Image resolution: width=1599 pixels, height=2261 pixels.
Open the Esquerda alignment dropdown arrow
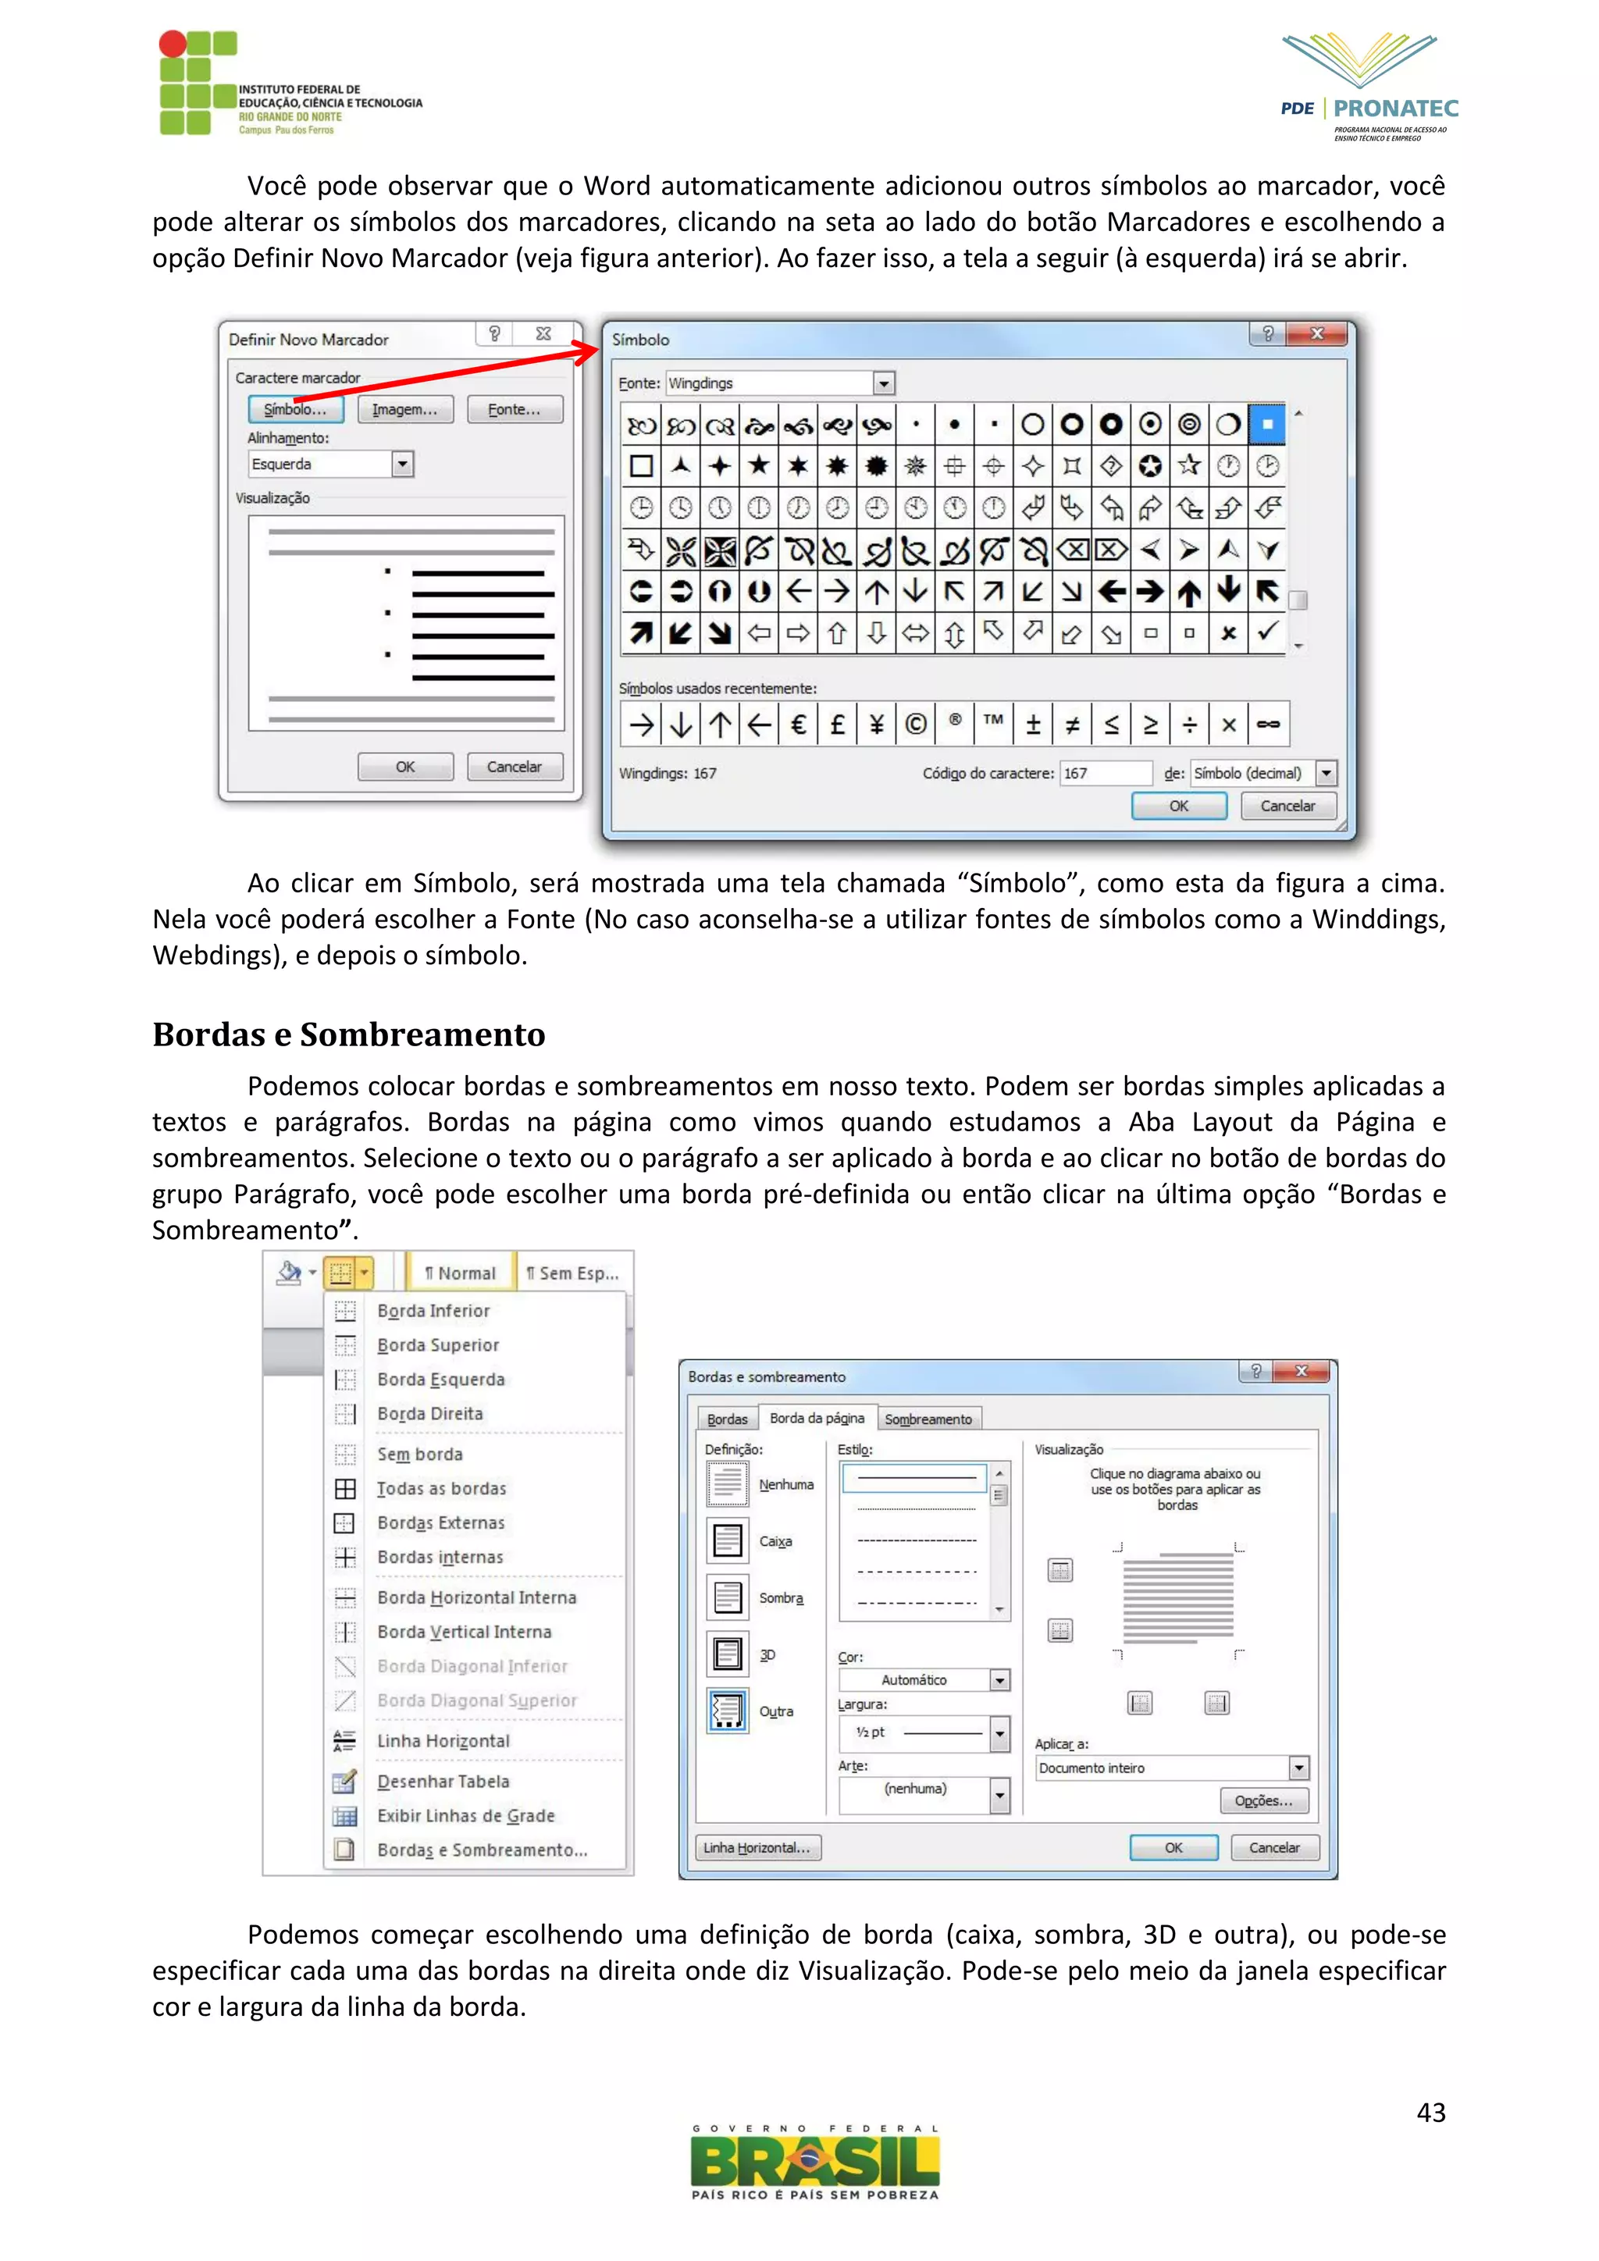tap(402, 464)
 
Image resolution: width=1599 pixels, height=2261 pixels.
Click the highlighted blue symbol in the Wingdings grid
tap(1266, 425)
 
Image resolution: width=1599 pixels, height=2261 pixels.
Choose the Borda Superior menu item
tap(437, 1345)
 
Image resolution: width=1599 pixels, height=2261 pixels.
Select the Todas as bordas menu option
tap(441, 1488)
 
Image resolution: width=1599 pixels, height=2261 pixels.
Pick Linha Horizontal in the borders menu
tap(443, 1741)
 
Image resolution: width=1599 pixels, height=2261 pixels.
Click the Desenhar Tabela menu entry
tap(443, 1782)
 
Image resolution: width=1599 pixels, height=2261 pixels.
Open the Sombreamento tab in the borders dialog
tap(928, 1419)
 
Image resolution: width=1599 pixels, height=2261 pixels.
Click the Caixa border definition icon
tap(728, 1540)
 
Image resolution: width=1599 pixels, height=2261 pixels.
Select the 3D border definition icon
tap(728, 1654)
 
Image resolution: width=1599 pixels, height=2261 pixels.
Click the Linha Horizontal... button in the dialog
tap(757, 1847)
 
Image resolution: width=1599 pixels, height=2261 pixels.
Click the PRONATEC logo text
tap(1395, 109)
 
